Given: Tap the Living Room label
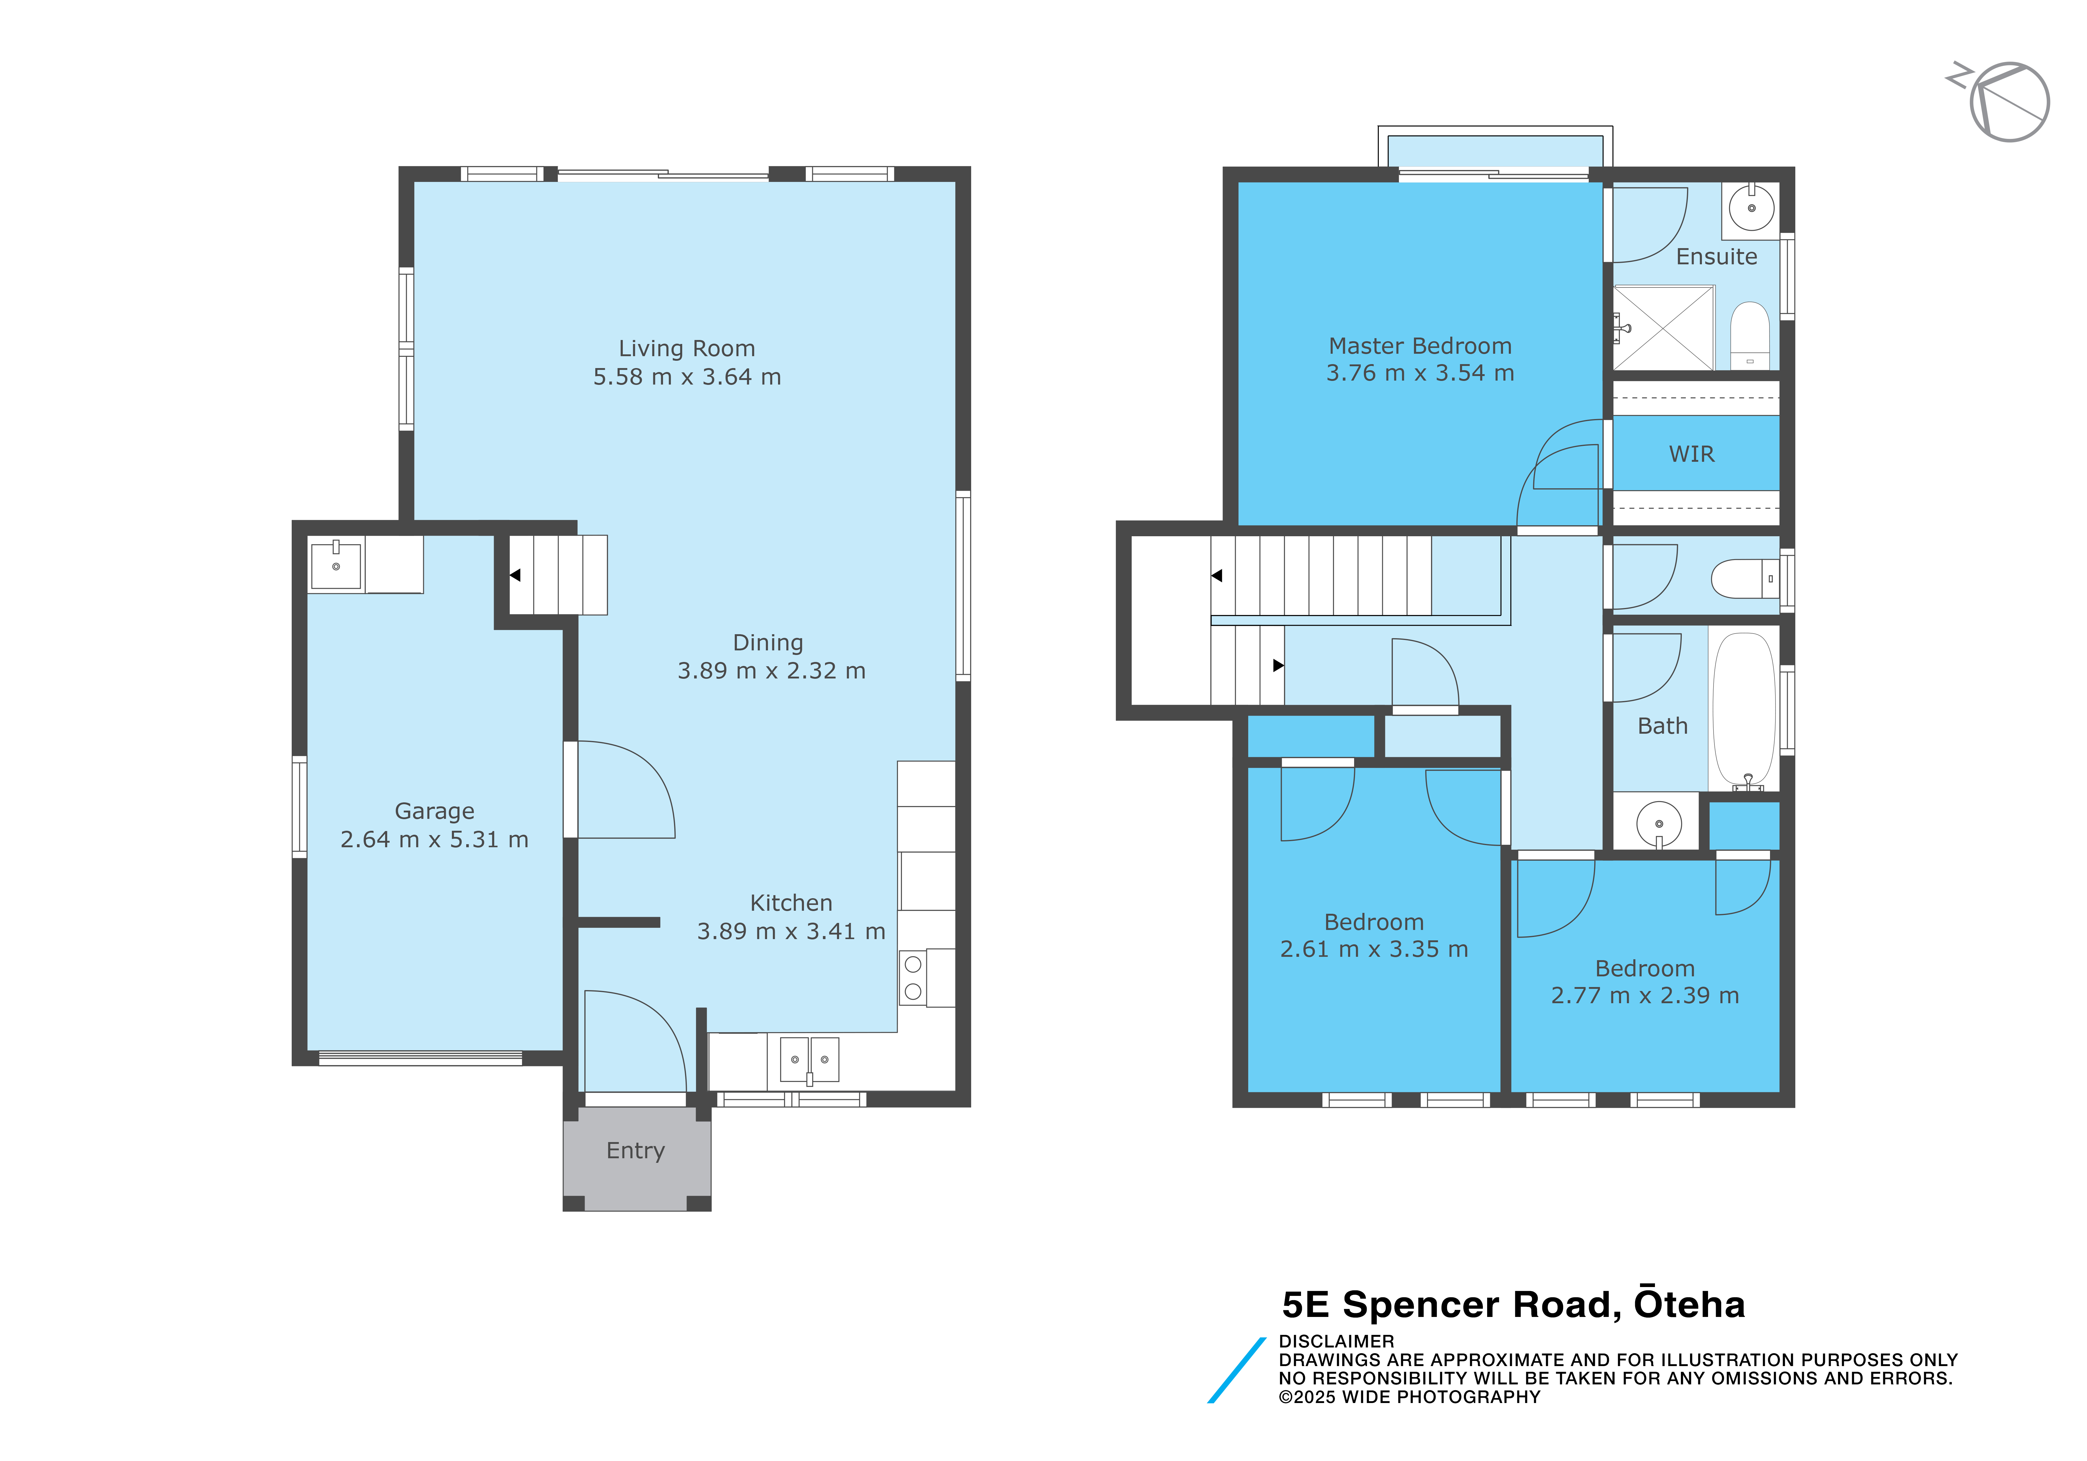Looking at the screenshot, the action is [x=686, y=348].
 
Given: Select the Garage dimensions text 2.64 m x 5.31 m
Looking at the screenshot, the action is [x=434, y=839].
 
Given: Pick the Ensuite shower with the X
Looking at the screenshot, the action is [x=1663, y=328].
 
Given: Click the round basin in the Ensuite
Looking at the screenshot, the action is [x=1751, y=208].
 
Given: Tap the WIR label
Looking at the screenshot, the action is [x=1692, y=454].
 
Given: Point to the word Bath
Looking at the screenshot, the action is [x=1663, y=725].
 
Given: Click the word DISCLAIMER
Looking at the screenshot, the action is [x=1336, y=1341].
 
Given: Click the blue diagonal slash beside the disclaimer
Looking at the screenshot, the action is [x=1236, y=1370].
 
